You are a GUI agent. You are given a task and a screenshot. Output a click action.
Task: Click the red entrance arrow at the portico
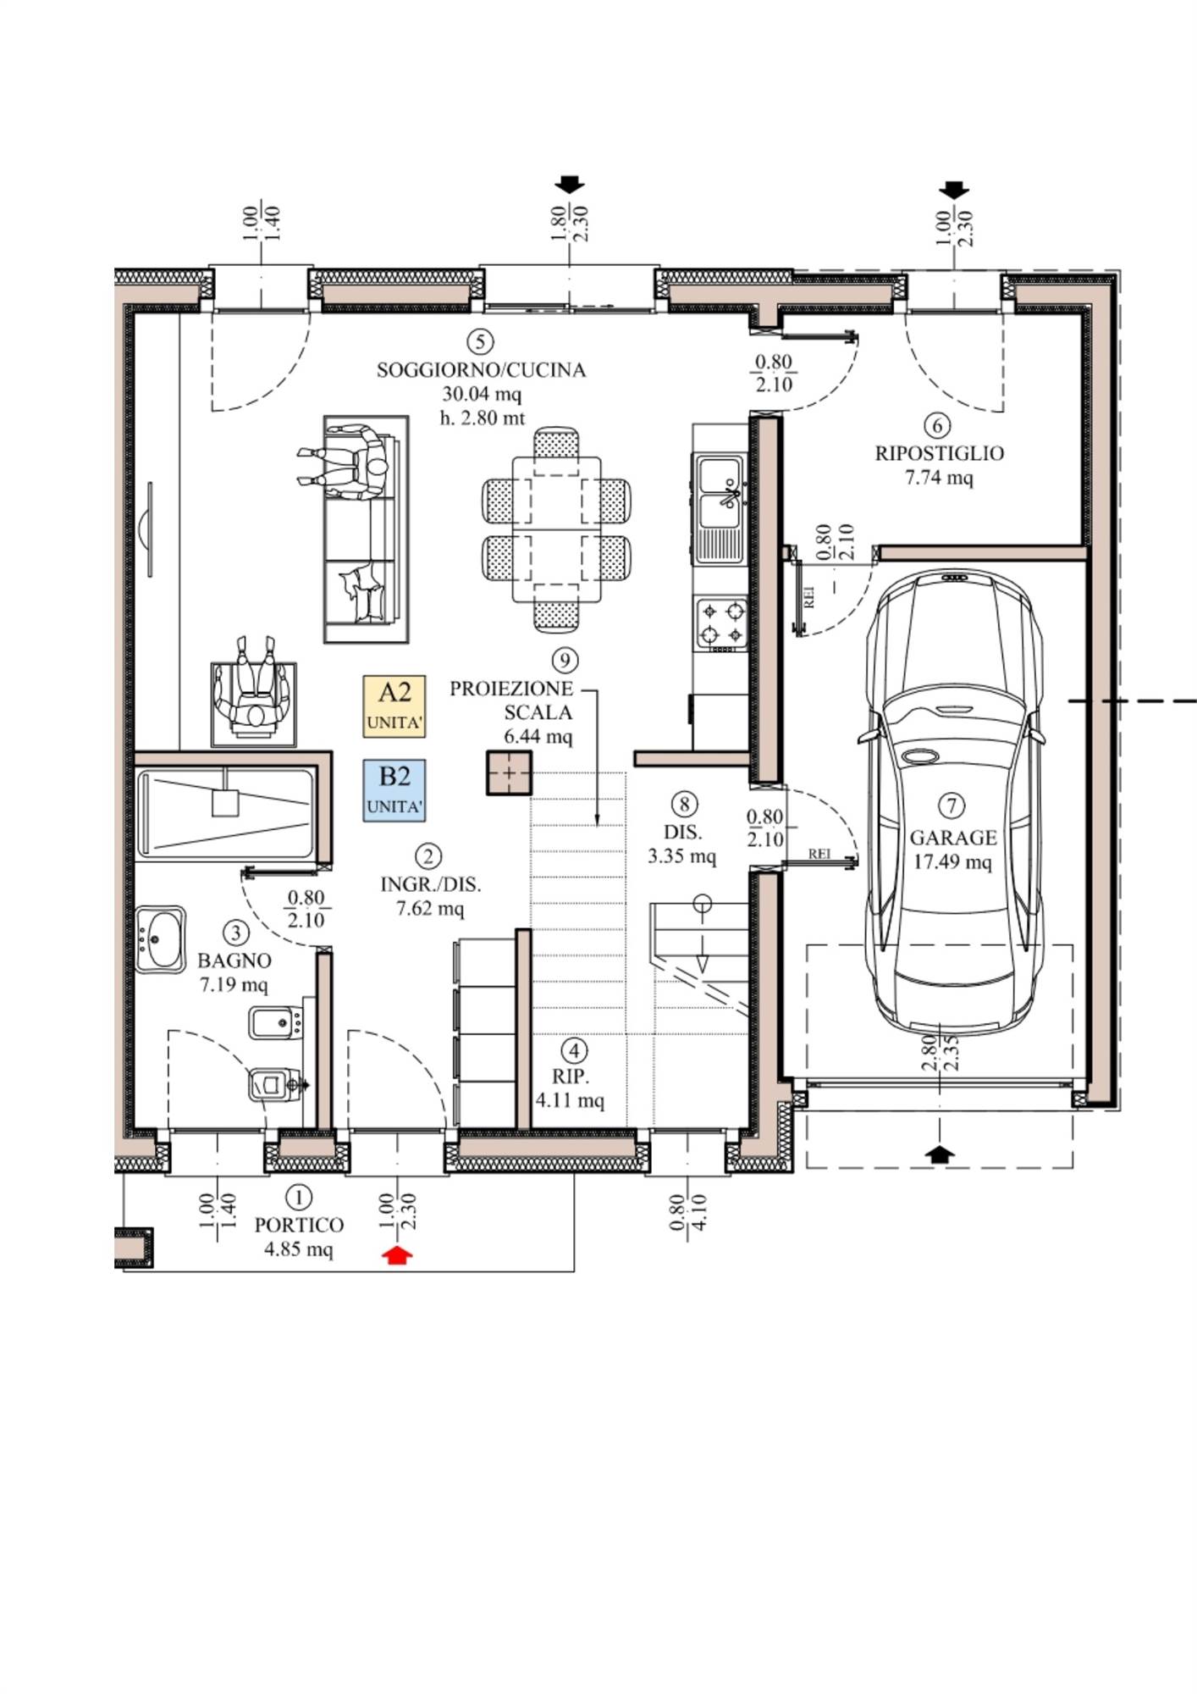[398, 1255]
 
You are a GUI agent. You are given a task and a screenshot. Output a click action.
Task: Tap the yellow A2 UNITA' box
[394, 706]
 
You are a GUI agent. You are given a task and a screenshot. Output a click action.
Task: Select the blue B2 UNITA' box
[394, 790]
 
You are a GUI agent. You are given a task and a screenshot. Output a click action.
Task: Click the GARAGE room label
[952, 838]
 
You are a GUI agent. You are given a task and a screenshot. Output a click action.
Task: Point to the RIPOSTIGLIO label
[939, 453]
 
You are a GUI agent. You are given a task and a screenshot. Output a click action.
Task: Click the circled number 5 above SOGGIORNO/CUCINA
[480, 342]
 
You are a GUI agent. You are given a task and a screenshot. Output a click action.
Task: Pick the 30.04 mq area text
[482, 394]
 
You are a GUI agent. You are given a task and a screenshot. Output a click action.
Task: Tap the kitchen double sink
[719, 507]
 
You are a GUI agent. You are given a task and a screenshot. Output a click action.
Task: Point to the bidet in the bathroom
[276, 1022]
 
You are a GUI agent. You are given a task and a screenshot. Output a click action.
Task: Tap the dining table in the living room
[556, 529]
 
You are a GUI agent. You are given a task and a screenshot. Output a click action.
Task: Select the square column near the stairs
[509, 773]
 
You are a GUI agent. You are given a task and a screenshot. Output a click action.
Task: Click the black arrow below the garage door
[940, 1154]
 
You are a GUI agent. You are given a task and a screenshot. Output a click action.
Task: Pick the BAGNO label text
[234, 960]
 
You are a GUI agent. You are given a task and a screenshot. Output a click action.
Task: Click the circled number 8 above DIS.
[683, 804]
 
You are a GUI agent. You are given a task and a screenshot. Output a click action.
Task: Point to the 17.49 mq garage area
[952, 861]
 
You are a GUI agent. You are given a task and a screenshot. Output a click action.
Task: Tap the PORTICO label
[299, 1225]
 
